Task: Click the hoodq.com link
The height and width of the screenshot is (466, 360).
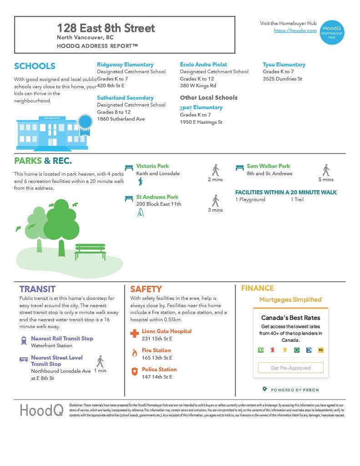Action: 295,30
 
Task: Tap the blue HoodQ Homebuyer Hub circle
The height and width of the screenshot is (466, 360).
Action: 332,31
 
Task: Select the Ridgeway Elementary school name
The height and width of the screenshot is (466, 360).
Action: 125,65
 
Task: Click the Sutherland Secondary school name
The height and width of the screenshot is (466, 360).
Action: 125,98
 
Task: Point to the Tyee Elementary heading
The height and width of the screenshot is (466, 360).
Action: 284,65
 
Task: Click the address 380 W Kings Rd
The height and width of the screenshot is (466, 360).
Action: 198,86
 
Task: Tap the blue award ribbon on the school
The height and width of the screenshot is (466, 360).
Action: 85,123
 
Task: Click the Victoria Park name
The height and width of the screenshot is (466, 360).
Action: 152,166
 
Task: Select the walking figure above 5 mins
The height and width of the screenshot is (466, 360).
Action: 326,170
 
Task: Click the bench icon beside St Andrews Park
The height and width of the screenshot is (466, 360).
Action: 129,198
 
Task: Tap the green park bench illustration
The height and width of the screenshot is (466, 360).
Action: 90,251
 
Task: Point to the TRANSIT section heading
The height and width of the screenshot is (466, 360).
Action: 37,289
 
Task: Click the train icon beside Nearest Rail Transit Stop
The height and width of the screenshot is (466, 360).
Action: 24,340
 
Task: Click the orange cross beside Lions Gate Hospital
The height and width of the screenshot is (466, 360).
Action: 134,334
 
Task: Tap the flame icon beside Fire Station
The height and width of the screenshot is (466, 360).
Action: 134,353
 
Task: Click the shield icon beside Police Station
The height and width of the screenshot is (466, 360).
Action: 134,372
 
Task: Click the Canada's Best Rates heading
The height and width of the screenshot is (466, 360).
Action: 290,318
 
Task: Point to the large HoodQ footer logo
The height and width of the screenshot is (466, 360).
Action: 41,410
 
